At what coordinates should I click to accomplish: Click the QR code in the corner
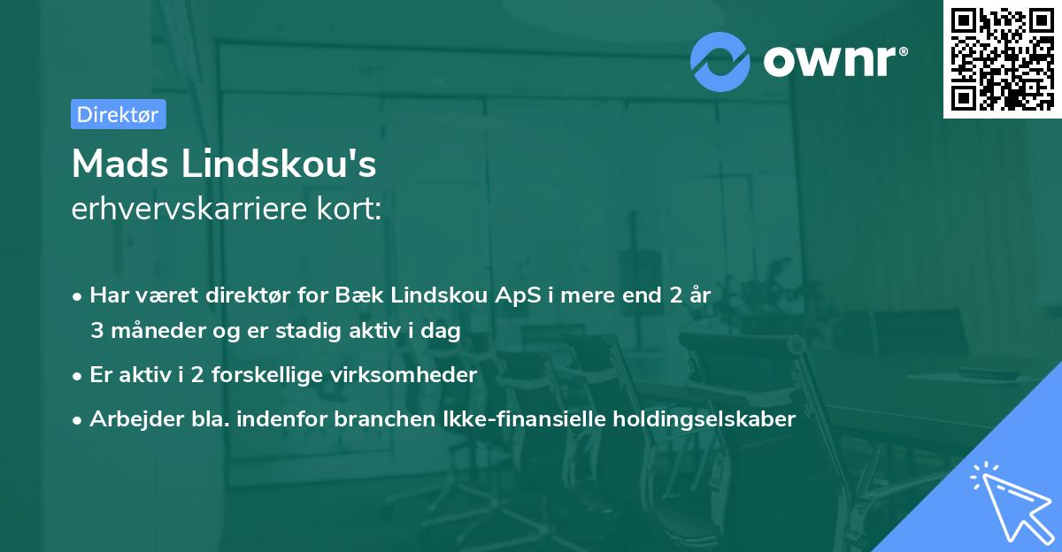click(x=1003, y=58)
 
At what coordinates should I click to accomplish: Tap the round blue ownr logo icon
click(x=720, y=60)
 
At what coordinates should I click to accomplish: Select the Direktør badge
click(x=118, y=114)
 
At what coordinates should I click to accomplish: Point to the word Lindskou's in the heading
click(x=278, y=163)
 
